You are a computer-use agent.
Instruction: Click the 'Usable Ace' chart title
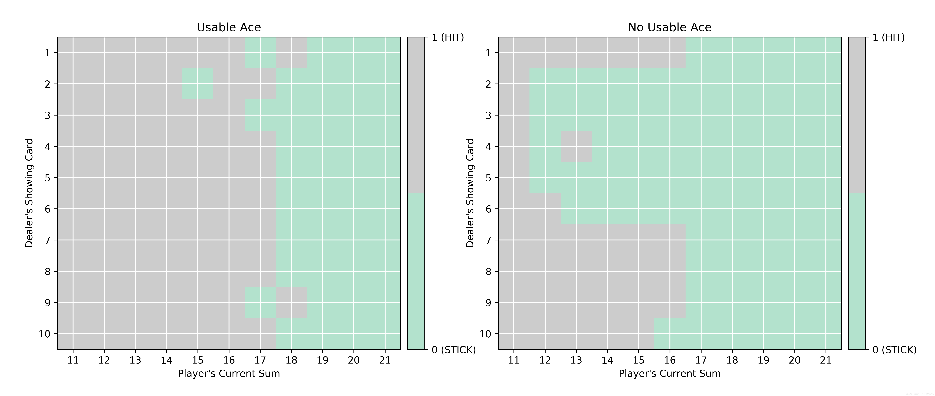229,27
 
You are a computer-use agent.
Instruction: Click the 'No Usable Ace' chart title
670,27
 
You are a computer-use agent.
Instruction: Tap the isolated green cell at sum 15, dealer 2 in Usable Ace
198,84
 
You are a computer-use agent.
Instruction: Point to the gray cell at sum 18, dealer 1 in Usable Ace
291,53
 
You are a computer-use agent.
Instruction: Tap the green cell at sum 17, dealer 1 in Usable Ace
260,53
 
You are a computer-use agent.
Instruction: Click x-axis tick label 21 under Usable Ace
385,360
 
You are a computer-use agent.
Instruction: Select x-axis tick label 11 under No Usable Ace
514,360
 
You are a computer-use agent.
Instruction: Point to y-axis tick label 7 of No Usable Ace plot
488,240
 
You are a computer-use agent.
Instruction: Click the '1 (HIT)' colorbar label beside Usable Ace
448,37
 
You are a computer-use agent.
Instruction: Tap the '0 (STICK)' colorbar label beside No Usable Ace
894,350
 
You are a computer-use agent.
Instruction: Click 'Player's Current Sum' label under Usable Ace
229,373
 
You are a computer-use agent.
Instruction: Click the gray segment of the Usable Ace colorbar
416,115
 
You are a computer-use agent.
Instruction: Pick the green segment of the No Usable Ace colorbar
857,271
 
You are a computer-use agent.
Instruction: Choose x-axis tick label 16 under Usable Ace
229,360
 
